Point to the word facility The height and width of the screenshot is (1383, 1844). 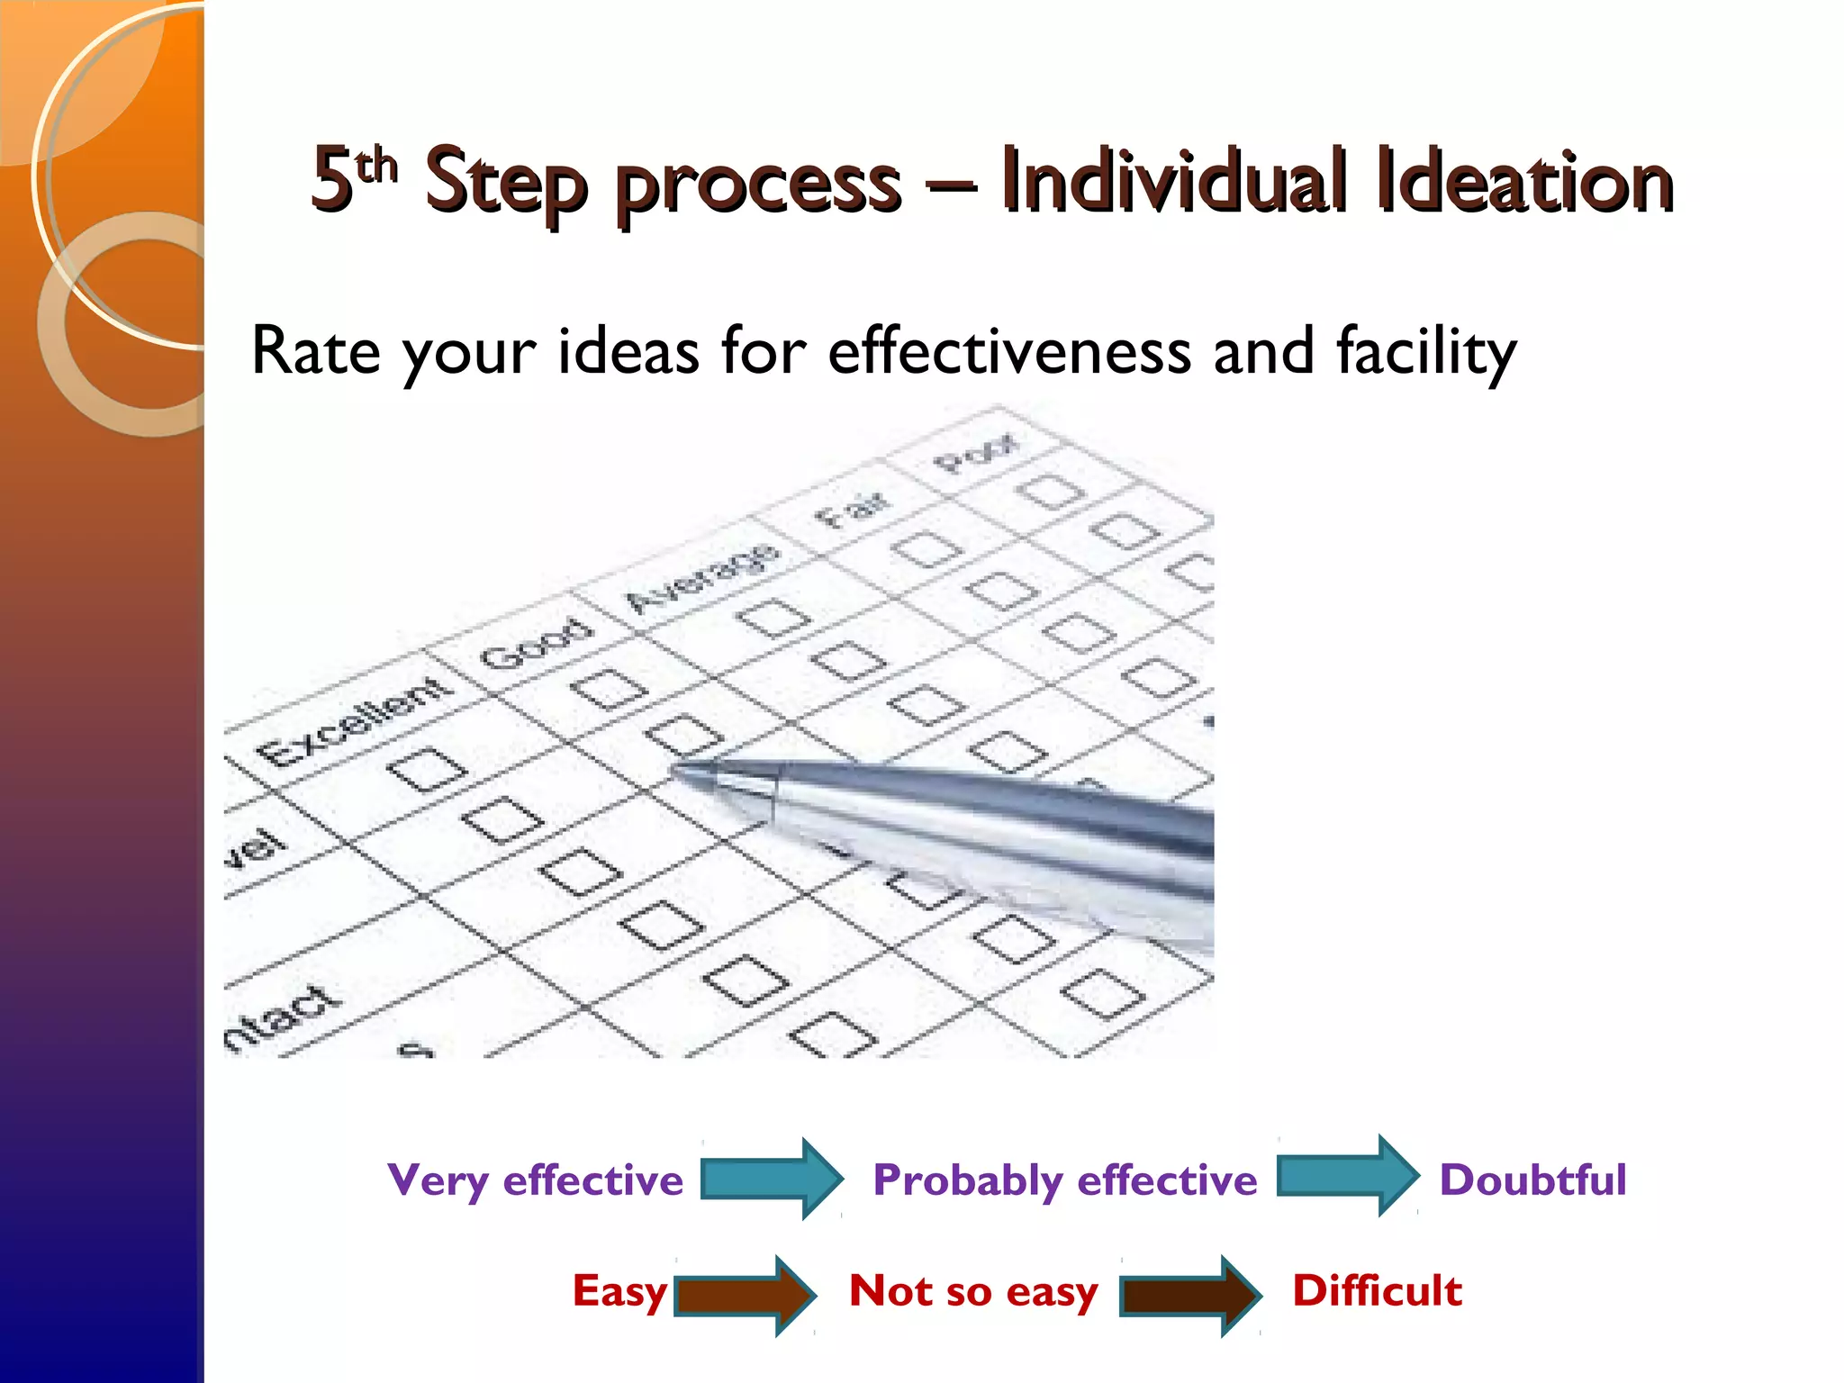click(x=1426, y=353)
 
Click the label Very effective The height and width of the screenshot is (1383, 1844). click(x=535, y=1180)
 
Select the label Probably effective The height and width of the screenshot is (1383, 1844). click(x=1064, y=1180)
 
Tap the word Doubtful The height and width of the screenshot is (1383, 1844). click(x=1532, y=1180)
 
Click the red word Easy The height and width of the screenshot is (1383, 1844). click(x=619, y=1291)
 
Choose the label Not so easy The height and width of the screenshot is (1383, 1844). click(x=973, y=1291)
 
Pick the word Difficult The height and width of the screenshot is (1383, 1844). click(x=1377, y=1290)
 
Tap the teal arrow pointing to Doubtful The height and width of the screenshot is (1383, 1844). click(x=1348, y=1176)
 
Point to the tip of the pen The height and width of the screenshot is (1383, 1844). click(x=677, y=770)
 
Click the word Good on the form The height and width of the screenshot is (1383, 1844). click(x=537, y=644)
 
